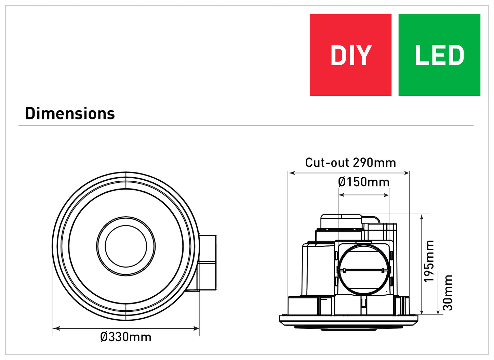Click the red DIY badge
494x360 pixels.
[350, 55]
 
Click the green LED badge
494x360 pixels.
[439, 55]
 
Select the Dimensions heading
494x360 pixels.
[70, 114]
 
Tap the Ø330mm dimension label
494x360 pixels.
[126, 337]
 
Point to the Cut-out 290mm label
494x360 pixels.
[350, 163]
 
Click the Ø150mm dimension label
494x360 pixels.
[364, 182]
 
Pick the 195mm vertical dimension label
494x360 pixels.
[429, 261]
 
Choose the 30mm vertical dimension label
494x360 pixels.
[448, 293]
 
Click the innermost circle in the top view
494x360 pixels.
[126, 246]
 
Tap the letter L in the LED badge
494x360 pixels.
[421, 55]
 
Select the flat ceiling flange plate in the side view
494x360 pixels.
[349, 319]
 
